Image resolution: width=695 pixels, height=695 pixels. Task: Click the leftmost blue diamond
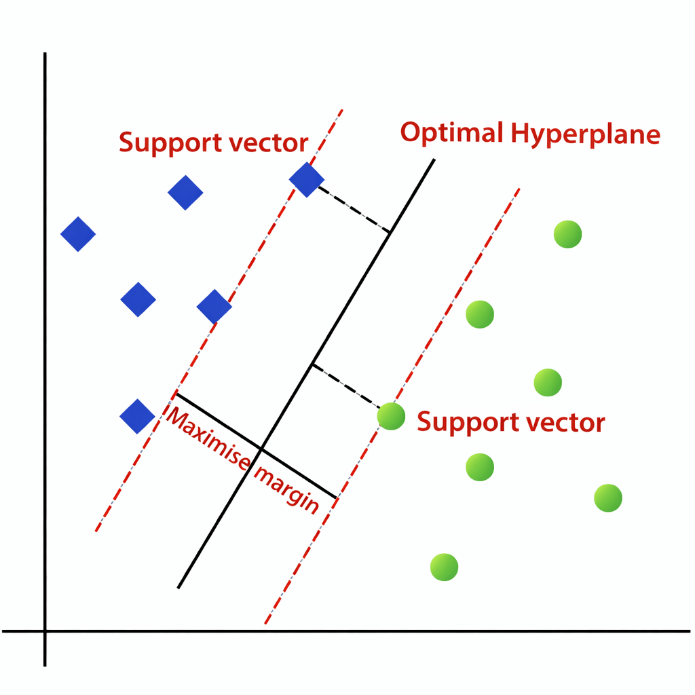(78, 234)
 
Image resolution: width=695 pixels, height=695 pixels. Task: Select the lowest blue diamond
(138, 416)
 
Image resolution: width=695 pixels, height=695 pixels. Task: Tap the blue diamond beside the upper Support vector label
(307, 180)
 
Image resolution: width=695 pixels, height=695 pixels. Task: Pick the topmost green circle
(567, 234)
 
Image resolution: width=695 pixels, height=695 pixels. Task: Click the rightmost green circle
(607, 498)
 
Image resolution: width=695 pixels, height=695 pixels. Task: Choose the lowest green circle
(444, 567)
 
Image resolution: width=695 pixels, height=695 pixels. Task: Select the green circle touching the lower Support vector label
(391, 415)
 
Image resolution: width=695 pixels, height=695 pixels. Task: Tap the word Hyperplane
(585, 134)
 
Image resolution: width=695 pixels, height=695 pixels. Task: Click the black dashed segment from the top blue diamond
(354, 209)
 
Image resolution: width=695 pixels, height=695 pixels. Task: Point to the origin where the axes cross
(45, 631)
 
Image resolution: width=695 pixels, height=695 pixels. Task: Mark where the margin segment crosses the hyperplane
(261, 449)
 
